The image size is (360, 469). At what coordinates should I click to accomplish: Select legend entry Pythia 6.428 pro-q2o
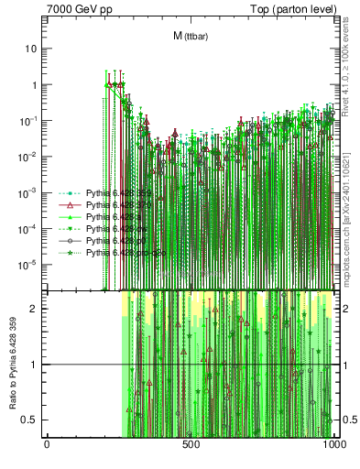[x=118, y=253]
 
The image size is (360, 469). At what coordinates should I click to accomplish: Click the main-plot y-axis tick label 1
[x=34, y=84]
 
